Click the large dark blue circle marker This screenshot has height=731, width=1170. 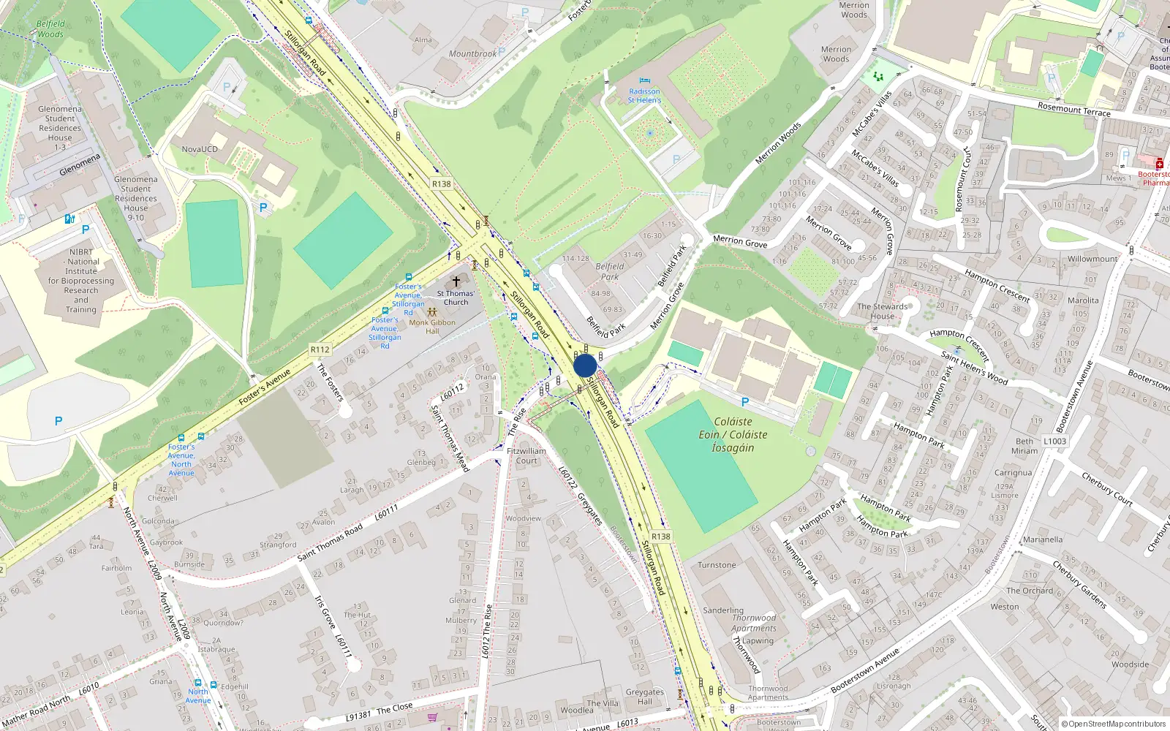tap(585, 365)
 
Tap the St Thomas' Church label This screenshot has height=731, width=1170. tap(456, 298)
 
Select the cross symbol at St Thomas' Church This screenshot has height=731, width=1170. tap(456, 281)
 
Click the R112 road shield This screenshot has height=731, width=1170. tap(320, 349)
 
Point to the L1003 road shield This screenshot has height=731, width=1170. tap(1054, 442)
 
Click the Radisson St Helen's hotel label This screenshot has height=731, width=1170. tap(644, 96)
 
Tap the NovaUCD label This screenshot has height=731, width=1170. tap(200, 149)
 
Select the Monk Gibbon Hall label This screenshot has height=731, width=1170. tap(432, 326)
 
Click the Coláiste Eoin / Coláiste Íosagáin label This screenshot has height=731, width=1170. tap(732, 434)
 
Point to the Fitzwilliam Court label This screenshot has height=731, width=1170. tap(526, 456)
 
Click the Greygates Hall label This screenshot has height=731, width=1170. tap(644, 697)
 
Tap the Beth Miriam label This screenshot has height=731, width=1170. tap(1024, 446)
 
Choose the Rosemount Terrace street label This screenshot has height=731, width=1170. tap(1073, 110)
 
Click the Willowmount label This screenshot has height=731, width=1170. tap(1092, 259)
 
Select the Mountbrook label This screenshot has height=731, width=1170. tap(472, 53)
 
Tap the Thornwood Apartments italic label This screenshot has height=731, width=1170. tap(754, 623)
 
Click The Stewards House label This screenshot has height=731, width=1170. tap(882, 311)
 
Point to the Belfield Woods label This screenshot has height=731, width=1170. tap(50, 29)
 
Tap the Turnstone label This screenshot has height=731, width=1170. tap(717, 565)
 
